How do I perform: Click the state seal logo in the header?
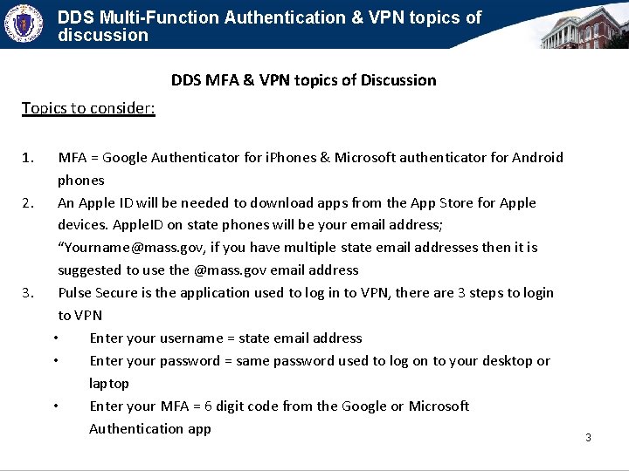[24, 24]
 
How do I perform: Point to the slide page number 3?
[588, 437]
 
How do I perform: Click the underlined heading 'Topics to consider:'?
[88, 108]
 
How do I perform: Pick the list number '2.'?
[28, 203]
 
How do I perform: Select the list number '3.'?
[28, 293]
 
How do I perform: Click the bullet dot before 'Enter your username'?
[56, 338]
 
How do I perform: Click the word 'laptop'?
[109, 384]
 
